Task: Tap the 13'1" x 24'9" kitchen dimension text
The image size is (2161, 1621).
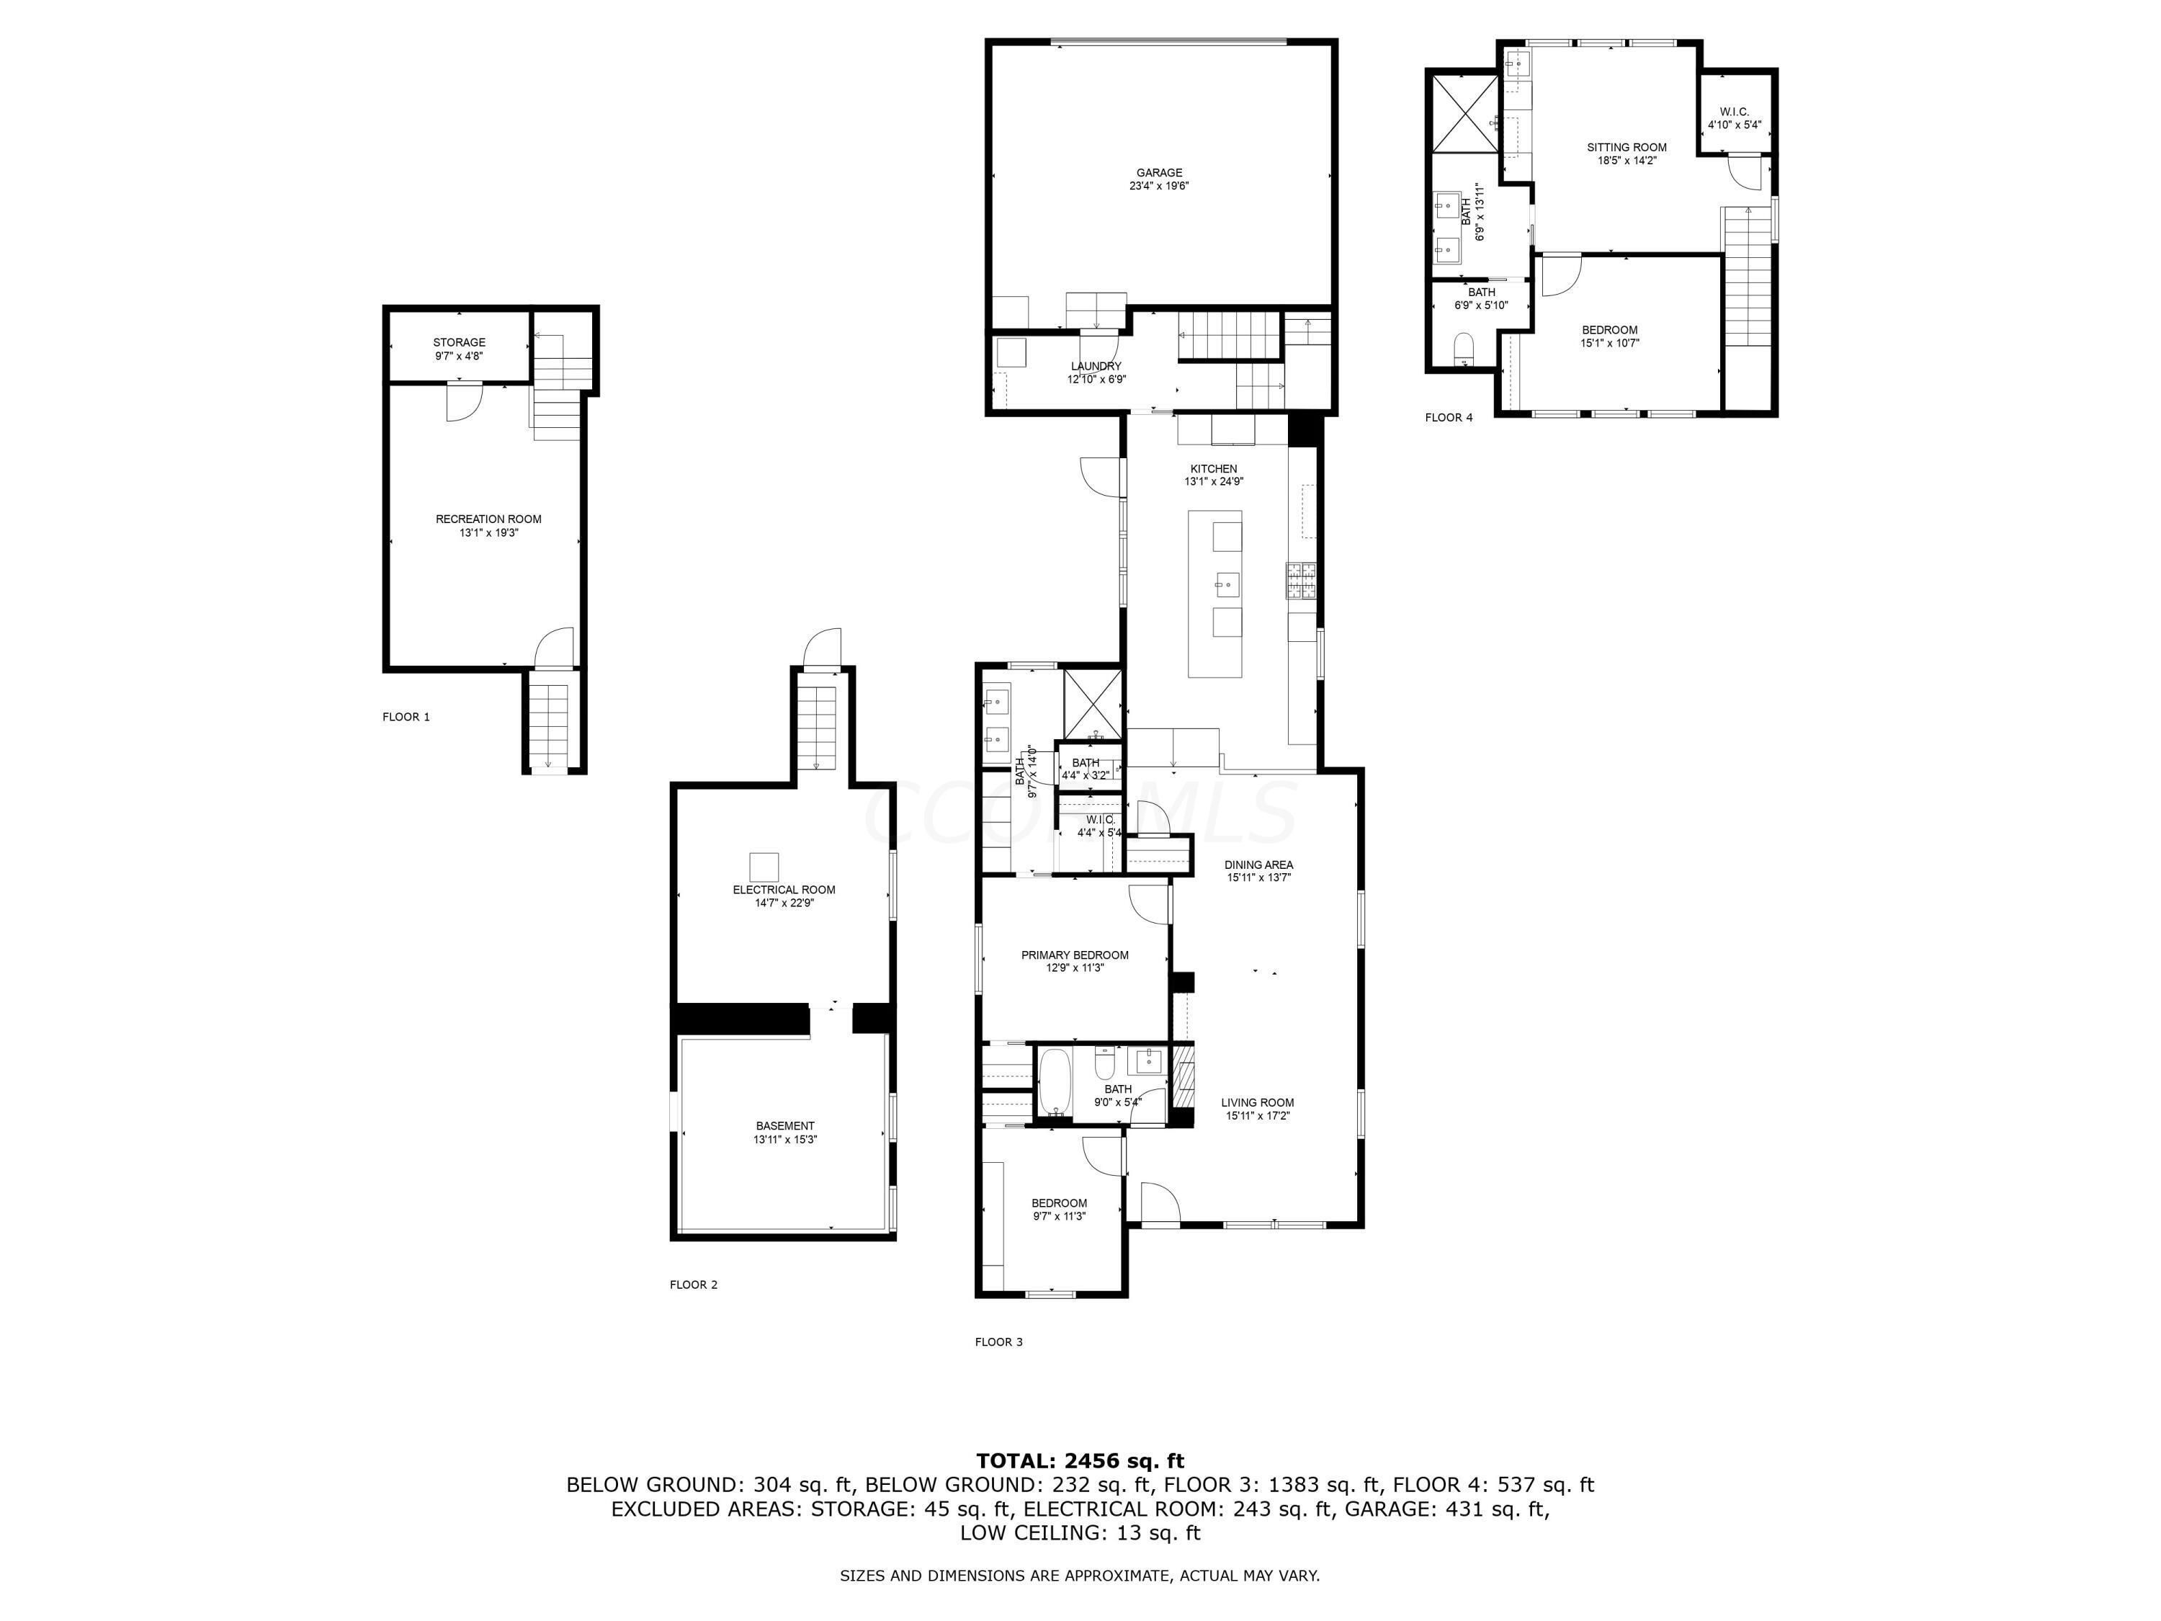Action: pos(1213,482)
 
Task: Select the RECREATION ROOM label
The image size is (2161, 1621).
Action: pos(488,519)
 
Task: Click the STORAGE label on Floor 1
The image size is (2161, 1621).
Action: pos(459,342)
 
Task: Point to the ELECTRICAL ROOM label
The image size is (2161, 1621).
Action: pos(784,889)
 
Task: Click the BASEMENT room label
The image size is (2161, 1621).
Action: pos(784,1125)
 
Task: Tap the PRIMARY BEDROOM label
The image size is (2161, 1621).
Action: pos(1075,955)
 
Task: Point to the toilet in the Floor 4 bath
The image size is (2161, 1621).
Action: pos(1464,349)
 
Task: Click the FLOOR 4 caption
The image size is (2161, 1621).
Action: pos(1448,417)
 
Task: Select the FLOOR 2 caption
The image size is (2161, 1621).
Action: pos(693,1284)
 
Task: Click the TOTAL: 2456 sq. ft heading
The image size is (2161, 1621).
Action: pos(1080,1461)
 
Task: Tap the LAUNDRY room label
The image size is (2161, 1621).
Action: pos(1095,367)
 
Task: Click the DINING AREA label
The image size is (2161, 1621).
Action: pos(1258,865)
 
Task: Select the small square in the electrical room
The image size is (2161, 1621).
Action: pos(764,867)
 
